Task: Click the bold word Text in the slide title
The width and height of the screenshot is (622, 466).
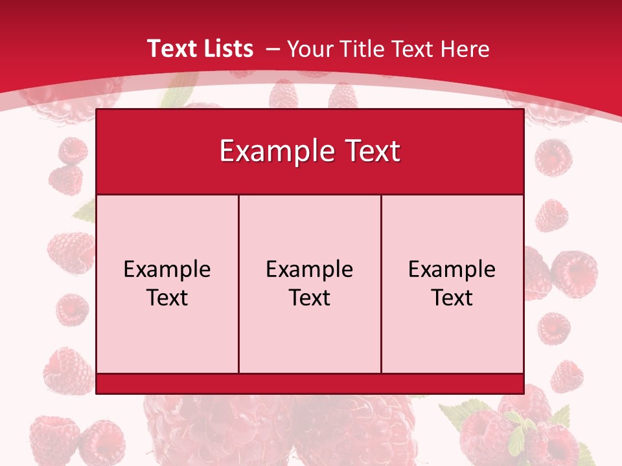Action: pyautogui.click(x=172, y=49)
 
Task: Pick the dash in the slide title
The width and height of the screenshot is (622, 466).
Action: pyautogui.click(x=273, y=49)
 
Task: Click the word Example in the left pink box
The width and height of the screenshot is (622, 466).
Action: pyautogui.click(x=167, y=269)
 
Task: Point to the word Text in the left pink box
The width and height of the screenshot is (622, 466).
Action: pyautogui.click(x=167, y=298)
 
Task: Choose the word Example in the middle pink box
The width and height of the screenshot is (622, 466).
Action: pyautogui.click(x=310, y=269)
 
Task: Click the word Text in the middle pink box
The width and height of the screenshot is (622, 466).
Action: pyautogui.click(x=310, y=298)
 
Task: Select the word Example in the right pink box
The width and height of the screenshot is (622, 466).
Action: pyautogui.click(x=452, y=269)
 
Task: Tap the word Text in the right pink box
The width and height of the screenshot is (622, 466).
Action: pyautogui.click(x=452, y=298)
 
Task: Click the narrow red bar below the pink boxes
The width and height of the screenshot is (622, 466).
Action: pyautogui.click(x=310, y=384)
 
